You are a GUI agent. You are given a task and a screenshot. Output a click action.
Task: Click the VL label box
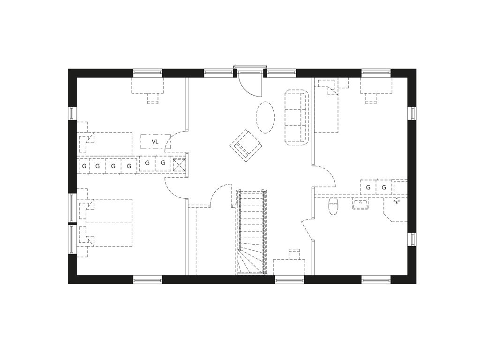(155, 142)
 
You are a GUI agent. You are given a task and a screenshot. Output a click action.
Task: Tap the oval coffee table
(265, 117)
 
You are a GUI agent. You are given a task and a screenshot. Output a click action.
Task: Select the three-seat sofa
(297, 117)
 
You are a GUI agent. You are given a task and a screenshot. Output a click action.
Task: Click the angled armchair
(246, 145)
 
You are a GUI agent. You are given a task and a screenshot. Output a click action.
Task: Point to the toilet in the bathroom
(333, 207)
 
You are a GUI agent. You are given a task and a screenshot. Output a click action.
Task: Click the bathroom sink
(360, 204)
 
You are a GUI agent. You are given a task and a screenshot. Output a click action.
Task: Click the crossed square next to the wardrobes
(179, 165)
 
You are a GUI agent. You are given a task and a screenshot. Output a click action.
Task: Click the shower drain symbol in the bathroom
(397, 201)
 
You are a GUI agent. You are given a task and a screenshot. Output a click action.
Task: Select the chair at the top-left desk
(153, 98)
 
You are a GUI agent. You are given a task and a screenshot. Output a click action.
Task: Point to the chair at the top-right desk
(371, 98)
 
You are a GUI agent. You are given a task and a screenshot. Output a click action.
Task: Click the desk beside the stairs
(289, 267)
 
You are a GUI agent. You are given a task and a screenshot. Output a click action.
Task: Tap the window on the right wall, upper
(412, 113)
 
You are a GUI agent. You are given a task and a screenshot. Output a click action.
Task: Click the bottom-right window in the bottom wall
(376, 279)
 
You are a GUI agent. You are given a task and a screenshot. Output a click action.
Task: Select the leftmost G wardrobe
(84, 166)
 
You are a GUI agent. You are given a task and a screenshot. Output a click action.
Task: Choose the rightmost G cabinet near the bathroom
(384, 187)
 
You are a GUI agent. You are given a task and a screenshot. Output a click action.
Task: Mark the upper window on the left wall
(72, 113)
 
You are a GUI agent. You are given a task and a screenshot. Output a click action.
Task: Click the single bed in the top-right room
(327, 105)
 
